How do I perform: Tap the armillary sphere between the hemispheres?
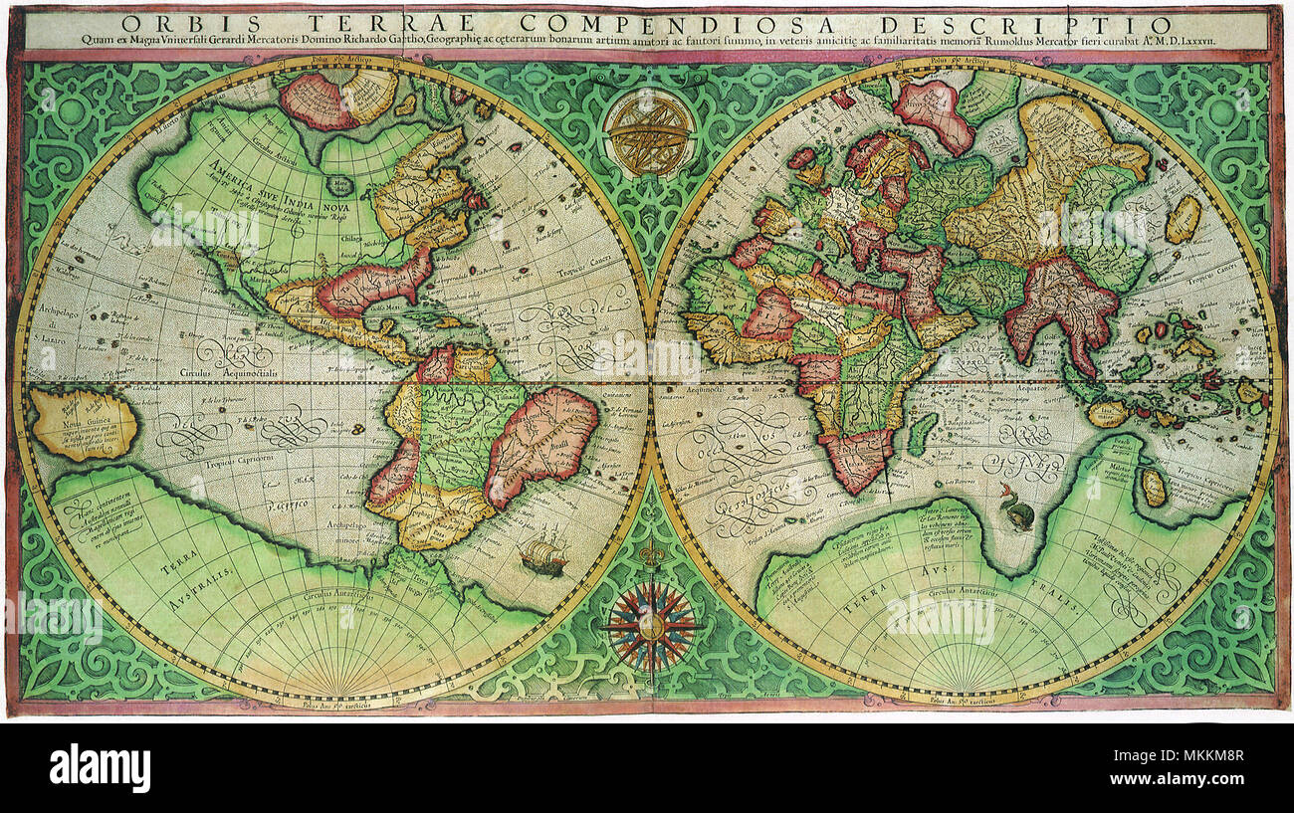[650, 131]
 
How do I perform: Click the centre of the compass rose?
[652, 625]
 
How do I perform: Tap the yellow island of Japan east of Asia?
[1183, 219]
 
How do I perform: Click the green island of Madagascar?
[922, 434]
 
